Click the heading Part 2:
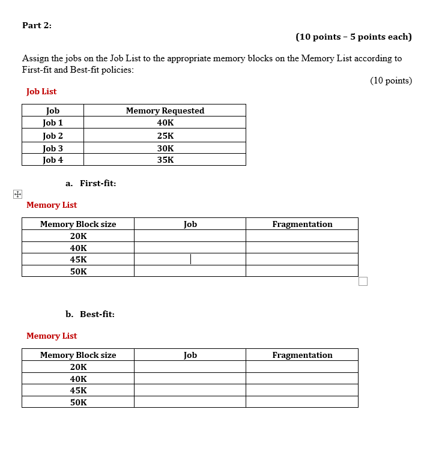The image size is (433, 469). point(37,25)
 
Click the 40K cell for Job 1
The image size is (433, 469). point(165,123)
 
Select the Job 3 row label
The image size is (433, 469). point(53,148)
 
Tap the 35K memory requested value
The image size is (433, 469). point(165,160)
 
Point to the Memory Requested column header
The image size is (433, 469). point(165,110)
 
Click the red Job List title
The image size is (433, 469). point(41,91)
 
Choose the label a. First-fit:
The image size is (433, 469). point(91,183)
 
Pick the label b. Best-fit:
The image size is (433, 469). point(90,314)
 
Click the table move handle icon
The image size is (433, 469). point(17,194)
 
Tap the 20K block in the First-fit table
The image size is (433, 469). point(78,236)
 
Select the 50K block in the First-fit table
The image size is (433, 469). point(78,271)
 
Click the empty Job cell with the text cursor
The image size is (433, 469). point(190,259)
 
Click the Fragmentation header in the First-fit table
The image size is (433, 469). point(302,224)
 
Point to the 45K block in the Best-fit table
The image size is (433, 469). point(78,390)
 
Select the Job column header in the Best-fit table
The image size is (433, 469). point(190,355)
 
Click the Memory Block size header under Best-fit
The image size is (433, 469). point(78,355)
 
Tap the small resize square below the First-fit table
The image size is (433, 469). point(363,282)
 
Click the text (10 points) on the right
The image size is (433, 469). point(391,80)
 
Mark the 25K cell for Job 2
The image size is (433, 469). point(165,136)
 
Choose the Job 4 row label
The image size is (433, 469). point(53,160)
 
